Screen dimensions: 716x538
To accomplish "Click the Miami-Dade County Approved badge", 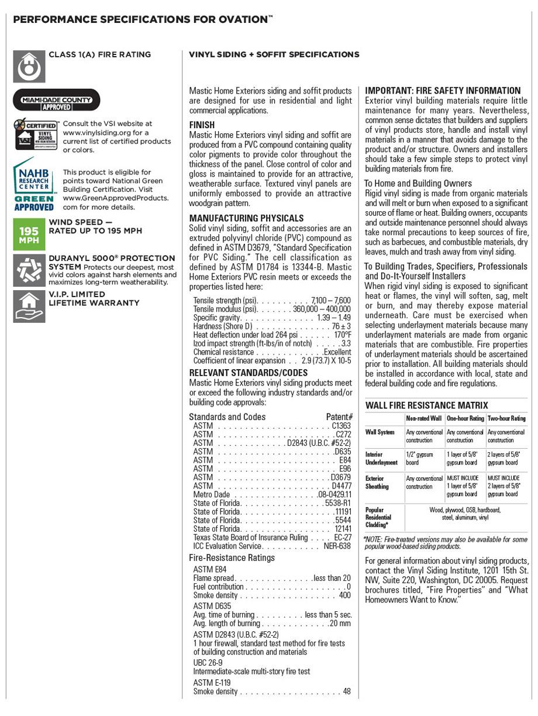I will pos(57,100).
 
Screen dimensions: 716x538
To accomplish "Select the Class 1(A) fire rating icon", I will pos(29,67).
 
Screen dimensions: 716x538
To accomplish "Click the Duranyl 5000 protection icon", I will pos(29,270).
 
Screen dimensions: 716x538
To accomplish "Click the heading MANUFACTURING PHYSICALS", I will pos(246,218).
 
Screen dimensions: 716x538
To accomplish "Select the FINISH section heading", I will pos(202,125).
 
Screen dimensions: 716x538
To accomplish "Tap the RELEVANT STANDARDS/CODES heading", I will pos(248,373).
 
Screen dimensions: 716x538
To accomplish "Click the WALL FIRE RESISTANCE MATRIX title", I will pos(426,405).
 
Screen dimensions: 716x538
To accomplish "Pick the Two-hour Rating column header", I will pos(506,419).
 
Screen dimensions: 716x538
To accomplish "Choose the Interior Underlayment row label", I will pos(381,458).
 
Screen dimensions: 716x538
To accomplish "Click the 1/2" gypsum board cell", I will pos(419,458).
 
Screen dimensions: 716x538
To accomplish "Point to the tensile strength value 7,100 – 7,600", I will pos(330,300).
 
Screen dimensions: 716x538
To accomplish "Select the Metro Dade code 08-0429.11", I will pos(334,494).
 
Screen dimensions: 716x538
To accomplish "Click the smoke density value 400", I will pos(344,595).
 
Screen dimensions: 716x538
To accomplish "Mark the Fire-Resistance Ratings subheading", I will pos(232,557).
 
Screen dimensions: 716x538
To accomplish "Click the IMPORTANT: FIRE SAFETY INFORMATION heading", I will pos(443,91).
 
